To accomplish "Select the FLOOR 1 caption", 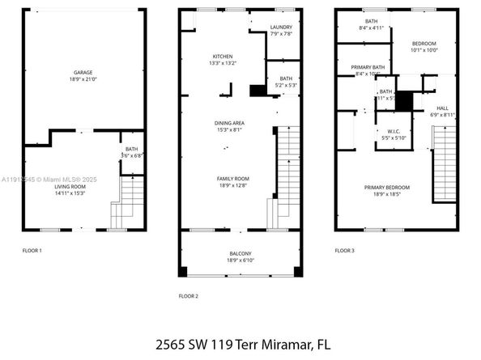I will tap(32, 251).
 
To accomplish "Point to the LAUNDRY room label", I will tap(281, 27).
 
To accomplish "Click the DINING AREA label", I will tap(229, 122).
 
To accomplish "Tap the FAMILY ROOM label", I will tap(232, 178).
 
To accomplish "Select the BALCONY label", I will tap(240, 254).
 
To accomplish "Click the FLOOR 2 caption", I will tap(188, 296).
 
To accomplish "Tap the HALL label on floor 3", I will tap(442, 108).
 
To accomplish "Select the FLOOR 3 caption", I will tap(344, 251).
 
